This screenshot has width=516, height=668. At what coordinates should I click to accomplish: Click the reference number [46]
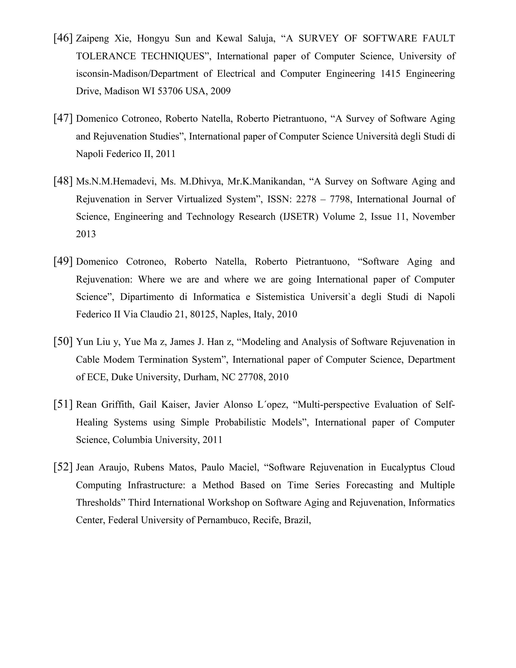pos(63,39)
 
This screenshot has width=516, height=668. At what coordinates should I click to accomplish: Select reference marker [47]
pos(63,119)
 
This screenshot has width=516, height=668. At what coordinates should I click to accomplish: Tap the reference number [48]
pos(63,181)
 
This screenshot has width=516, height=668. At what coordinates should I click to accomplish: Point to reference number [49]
pos(63,262)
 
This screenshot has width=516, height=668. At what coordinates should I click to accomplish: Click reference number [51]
pos(63,405)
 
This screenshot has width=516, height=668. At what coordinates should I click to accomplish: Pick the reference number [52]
pos(63,467)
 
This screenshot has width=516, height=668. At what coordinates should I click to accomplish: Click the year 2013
pos(86,234)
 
